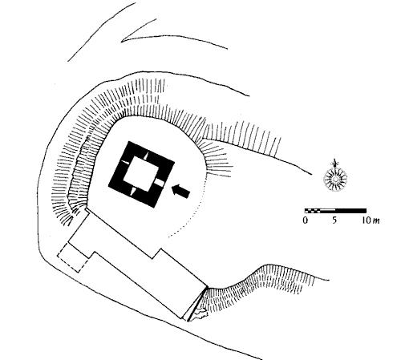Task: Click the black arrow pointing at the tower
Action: pos(181,191)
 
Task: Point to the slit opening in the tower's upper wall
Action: pos(146,156)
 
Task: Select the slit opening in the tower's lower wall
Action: pos(133,192)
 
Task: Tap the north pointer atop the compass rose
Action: pos(334,163)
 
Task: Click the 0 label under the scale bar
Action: pos(306,220)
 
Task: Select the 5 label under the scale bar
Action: pos(334,220)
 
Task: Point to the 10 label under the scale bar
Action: pos(367,220)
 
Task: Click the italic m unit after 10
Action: pos(376,221)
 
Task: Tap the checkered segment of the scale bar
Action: pos(313,211)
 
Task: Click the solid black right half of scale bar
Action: pos(350,211)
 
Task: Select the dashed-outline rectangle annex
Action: pos(73,258)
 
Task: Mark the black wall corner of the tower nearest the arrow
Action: pos(175,162)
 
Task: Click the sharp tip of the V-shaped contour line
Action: pos(121,42)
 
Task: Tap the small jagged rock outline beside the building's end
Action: pos(200,313)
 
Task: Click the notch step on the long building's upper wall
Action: pos(157,253)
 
